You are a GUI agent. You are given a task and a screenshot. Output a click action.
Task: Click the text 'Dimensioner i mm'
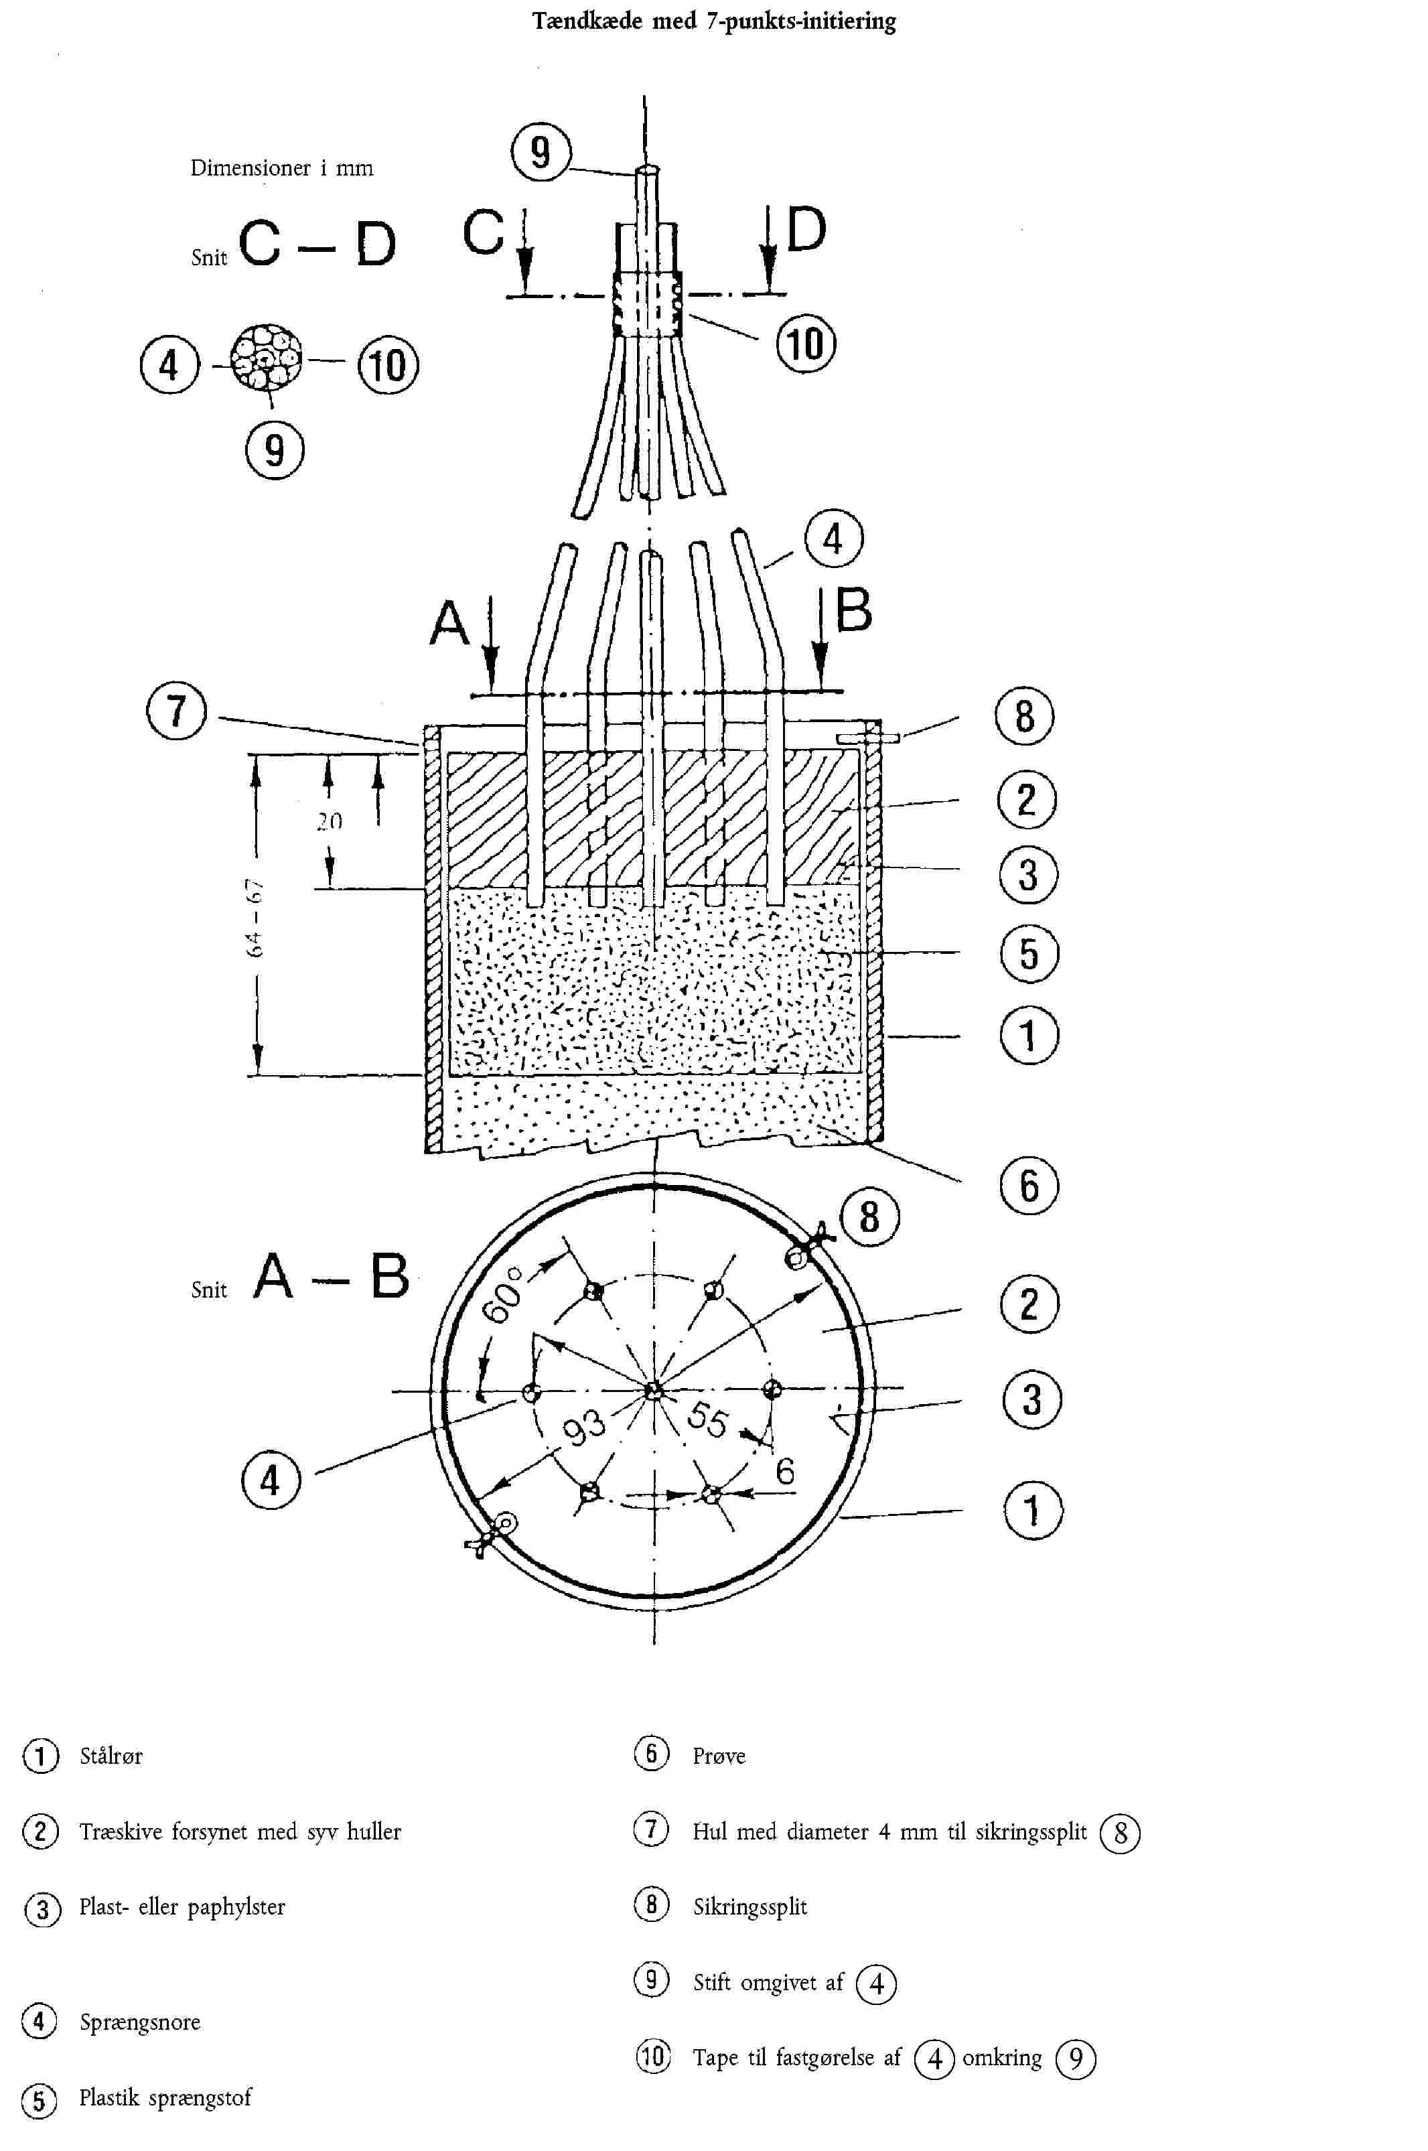point(281,167)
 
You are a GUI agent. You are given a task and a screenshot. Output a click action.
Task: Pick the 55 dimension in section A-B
point(707,1419)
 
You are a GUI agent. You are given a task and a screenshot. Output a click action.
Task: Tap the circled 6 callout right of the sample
point(1029,1186)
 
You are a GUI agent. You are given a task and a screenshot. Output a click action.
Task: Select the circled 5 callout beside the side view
point(1029,953)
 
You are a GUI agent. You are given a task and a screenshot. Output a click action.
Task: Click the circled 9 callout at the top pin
point(540,151)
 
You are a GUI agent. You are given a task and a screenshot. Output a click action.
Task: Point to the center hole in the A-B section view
point(652,1391)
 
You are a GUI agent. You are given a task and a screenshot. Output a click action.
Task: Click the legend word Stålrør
point(111,1756)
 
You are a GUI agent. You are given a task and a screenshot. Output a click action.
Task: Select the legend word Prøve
point(719,1756)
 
